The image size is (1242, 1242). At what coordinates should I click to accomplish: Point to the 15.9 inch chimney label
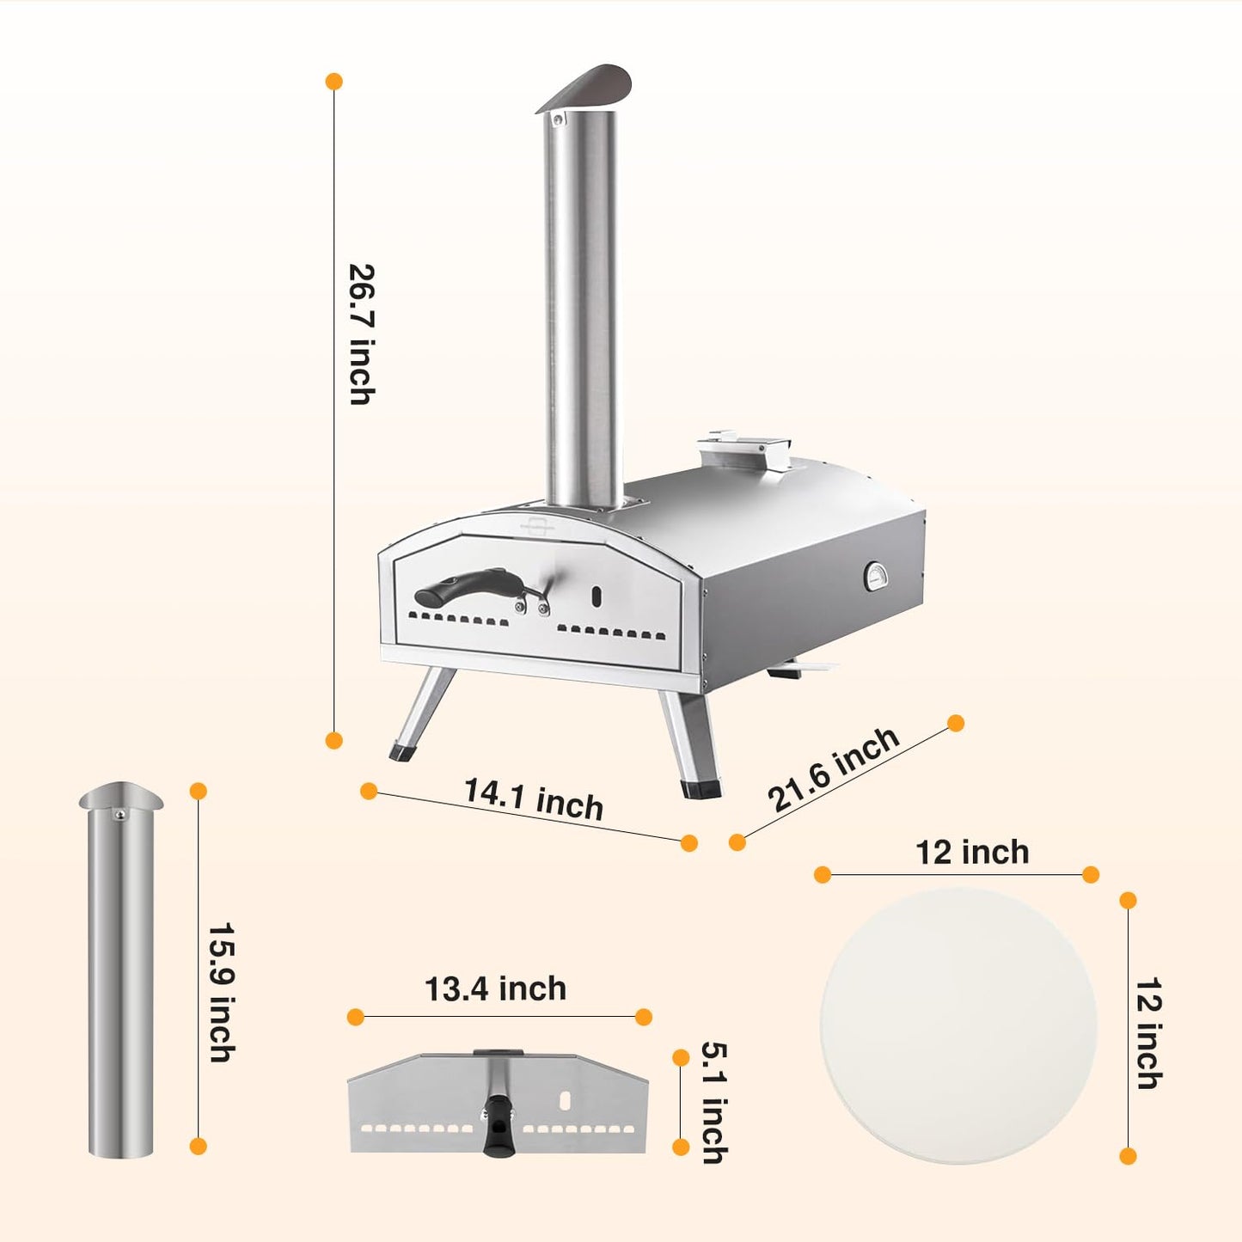pos(222,993)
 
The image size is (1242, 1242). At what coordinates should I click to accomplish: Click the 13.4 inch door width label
pos(496,988)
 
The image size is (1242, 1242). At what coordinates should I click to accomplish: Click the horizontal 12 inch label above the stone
pos(973,852)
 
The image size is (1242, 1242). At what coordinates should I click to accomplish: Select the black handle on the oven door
pos(464,586)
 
